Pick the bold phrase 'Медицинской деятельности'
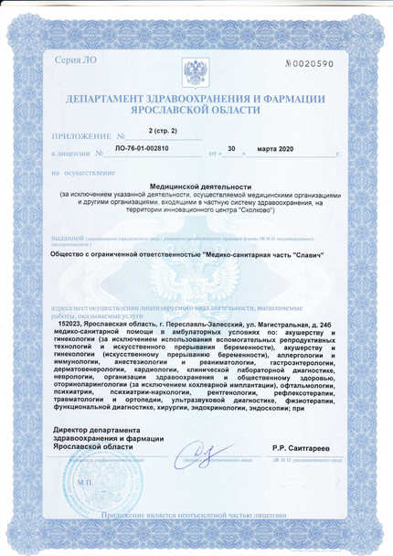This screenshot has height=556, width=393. pos(195,186)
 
